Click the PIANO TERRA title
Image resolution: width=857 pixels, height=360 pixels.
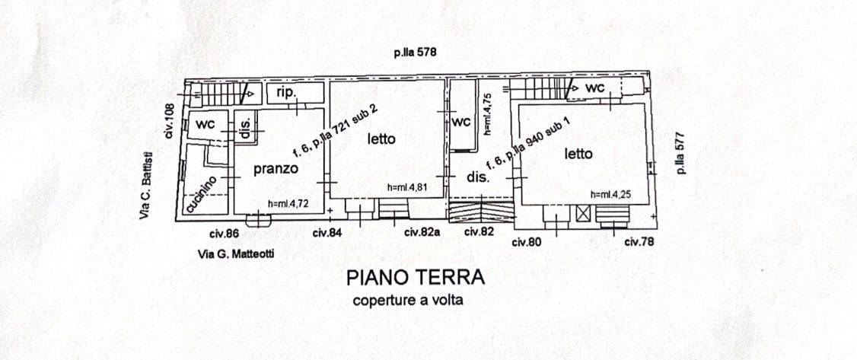click(416, 277)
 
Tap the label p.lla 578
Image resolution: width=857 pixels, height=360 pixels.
click(414, 53)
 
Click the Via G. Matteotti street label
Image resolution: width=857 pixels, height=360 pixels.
click(236, 253)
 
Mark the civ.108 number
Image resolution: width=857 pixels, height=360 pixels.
click(170, 120)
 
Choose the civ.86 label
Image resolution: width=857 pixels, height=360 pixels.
click(224, 233)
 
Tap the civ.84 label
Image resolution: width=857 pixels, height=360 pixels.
click(327, 233)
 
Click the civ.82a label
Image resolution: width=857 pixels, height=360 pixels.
click(422, 232)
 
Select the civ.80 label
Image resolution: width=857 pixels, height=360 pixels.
click(527, 242)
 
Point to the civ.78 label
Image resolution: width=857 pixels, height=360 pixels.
click(639, 241)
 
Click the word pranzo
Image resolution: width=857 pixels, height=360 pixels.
click(276, 170)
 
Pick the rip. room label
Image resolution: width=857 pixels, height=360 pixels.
click(287, 93)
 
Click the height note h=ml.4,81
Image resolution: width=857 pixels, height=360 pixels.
click(406, 187)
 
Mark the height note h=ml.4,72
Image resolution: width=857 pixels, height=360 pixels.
click(288, 204)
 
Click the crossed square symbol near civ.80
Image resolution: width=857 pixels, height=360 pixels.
click(583, 214)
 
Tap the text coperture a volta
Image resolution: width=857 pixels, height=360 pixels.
click(408, 300)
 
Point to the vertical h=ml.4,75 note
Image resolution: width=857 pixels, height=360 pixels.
click(489, 114)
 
